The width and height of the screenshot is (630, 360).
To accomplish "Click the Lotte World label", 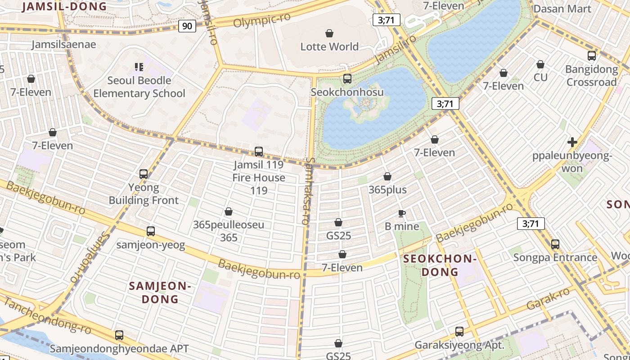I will click(329, 46).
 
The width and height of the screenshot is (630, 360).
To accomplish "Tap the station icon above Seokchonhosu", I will click(347, 79).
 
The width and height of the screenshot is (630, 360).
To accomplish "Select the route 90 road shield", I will click(187, 26).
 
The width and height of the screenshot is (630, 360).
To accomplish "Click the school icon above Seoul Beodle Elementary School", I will click(139, 67).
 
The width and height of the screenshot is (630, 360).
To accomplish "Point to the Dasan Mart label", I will click(562, 9).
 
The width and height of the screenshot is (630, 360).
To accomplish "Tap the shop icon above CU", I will click(540, 64).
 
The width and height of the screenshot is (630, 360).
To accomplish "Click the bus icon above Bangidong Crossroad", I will click(592, 56).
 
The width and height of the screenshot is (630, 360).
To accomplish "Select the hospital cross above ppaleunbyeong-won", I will click(572, 142).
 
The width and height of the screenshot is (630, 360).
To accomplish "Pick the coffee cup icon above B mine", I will click(402, 213).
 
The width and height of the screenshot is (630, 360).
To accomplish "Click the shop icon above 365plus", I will click(387, 176).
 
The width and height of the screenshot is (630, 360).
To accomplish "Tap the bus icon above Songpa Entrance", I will click(555, 244).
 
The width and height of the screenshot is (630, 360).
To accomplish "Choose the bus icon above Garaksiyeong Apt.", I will click(459, 332).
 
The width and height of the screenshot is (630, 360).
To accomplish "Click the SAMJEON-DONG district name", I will click(160, 292).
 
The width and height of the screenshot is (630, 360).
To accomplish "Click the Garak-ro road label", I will click(548, 298).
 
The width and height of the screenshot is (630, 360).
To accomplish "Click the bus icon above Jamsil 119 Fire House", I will click(259, 152).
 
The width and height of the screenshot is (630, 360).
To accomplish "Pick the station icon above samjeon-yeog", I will click(151, 231).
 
